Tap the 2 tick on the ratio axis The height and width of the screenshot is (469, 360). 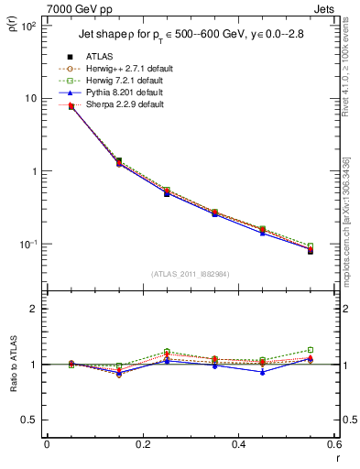click(35, 309)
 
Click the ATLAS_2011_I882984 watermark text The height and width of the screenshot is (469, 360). click(190, 273)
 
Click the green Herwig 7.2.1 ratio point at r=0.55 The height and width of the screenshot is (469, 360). click(311, 350)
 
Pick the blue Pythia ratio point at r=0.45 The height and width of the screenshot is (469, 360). click(263, 372)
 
